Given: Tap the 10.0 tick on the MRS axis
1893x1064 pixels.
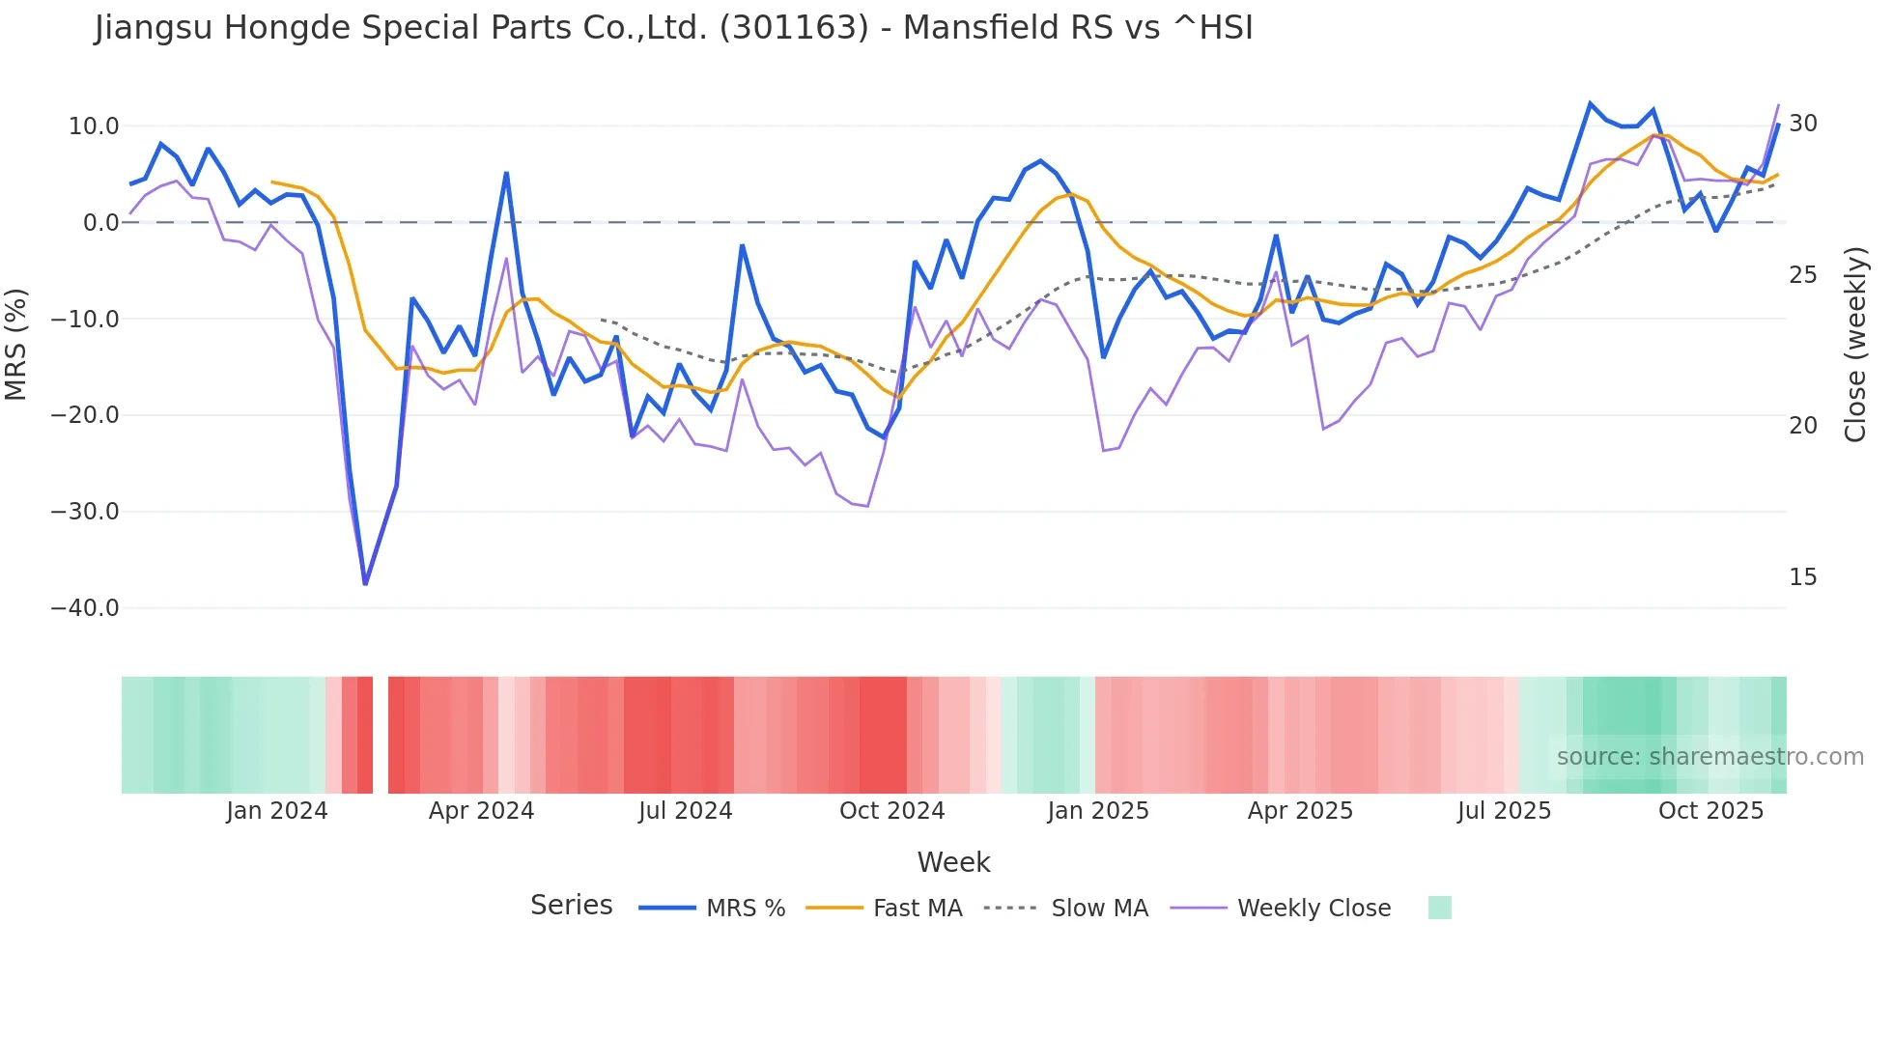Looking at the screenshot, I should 94,126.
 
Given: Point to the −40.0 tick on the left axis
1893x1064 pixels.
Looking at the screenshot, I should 85,608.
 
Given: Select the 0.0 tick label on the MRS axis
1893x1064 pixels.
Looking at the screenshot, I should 100,223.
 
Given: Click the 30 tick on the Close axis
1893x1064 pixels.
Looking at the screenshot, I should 1803,124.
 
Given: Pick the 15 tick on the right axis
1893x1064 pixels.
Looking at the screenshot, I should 1803,577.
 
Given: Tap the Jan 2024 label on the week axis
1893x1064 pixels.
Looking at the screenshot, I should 277,811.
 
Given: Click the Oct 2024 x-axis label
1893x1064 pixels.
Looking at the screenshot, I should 891,811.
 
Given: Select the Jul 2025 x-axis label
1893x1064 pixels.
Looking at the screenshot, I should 1504,811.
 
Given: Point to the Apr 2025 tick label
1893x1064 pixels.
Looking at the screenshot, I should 1300,811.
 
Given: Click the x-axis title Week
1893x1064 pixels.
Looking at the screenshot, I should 953,862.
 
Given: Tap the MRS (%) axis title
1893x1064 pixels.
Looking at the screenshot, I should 16,344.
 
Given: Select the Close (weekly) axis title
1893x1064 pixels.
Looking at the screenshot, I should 1854,345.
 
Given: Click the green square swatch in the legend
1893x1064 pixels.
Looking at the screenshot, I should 1439,908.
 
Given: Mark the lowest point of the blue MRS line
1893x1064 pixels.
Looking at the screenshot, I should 365,584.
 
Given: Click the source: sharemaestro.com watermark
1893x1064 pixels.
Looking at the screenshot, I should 1709,757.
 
